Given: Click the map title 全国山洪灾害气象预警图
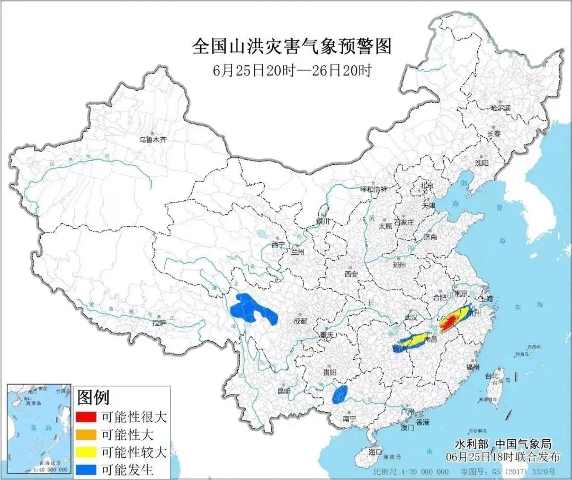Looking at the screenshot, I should click(x=291, y=47).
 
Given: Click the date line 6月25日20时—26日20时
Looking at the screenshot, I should click(x=291, y=70).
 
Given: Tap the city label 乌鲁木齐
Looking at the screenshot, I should click(x=153, y=140).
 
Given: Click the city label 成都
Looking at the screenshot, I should click(x=300, y=321).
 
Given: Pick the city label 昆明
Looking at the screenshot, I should click(x=284, y=391).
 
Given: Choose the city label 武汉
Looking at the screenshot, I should click(x=411, y=317).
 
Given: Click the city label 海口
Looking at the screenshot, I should click(x=375, y=452).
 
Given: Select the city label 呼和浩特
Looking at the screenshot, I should click(x=374, y=189).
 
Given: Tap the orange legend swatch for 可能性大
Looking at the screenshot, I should click(x=86, y=435).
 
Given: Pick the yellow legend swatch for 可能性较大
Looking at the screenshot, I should click(x=86, y=452).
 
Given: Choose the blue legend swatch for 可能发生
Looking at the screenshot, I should click(x=86, y=469).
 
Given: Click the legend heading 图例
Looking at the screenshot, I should click(x=93, y=397).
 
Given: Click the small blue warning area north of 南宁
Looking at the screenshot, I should click(x=339, y=395).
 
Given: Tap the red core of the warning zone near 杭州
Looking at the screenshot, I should click(x=450, y=321).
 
